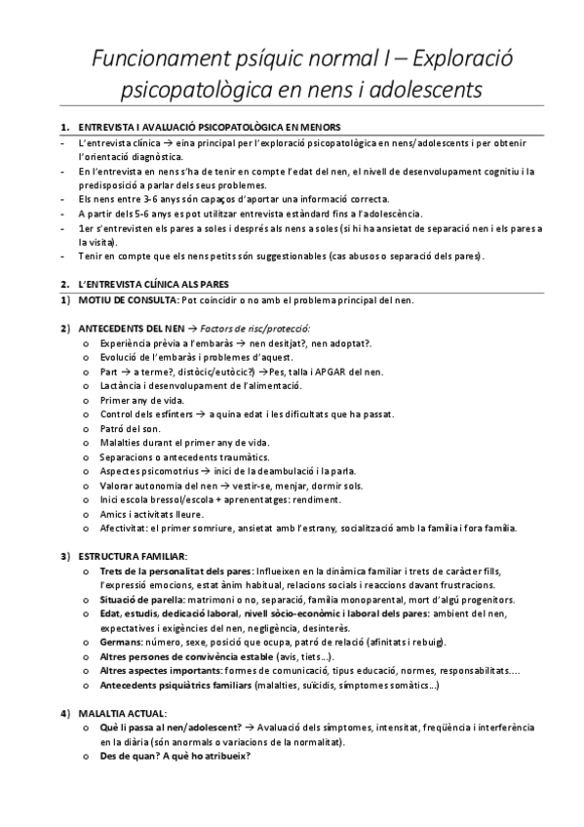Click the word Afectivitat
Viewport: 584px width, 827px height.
pos(124,528)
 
